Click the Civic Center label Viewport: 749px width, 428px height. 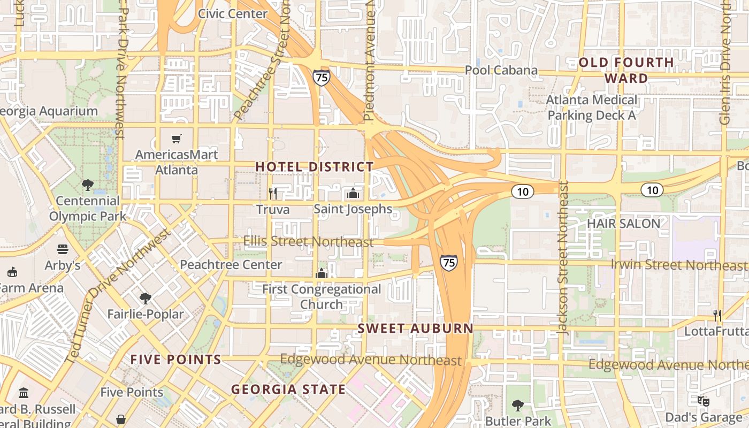[x=233, y=14]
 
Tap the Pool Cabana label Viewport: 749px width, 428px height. [x=501, y=70]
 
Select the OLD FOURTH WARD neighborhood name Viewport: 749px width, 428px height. [x=626, y=70]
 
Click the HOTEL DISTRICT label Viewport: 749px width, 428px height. [x=314, y=167]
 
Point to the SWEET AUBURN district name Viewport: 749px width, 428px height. [x=415, y=328]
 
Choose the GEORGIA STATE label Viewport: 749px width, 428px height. [x=288, y=389]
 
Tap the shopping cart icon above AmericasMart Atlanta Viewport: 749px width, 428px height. [x=177, y=139]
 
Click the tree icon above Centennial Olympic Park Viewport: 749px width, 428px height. [x=88, y=185]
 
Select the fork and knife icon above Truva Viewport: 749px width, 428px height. [x=273, y=193]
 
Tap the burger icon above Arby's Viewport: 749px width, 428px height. [x=63, y=249]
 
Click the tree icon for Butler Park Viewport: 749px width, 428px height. [x=517, y=405]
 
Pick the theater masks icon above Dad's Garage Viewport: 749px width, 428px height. [x=704, y=400]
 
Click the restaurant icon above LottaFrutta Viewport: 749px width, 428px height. [x=717, y=315]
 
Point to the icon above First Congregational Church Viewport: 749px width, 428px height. [x=321, y=273]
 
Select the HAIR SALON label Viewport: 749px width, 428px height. [x=623, y=224]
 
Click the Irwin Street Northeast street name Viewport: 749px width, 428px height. [x=678, y=265]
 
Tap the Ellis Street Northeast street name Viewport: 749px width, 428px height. [x=308, y=242]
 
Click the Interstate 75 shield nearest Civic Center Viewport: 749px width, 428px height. [x=322, y=77]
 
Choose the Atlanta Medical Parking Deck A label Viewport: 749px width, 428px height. [x=592, y=108]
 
